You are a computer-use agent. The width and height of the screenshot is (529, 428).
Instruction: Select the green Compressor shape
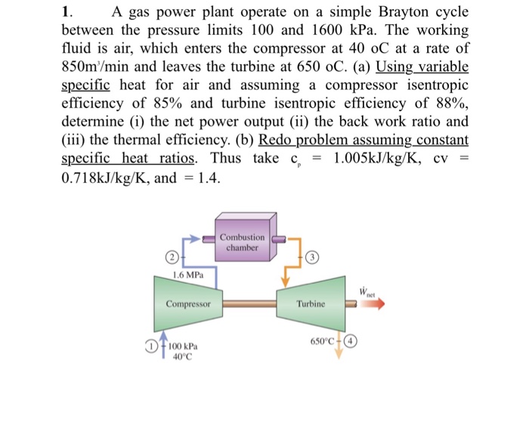(188, 304)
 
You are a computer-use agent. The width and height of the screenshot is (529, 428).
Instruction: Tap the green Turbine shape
(311, 304)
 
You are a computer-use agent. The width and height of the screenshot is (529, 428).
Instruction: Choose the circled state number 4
(351, 340)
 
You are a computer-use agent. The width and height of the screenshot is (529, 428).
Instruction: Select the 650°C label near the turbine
(321, 340)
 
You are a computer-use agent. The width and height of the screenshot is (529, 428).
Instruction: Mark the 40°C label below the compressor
(180, 359)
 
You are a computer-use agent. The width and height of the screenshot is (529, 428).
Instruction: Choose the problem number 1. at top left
(67, 13)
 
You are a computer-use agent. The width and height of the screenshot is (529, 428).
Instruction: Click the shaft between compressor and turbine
(249, 304)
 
